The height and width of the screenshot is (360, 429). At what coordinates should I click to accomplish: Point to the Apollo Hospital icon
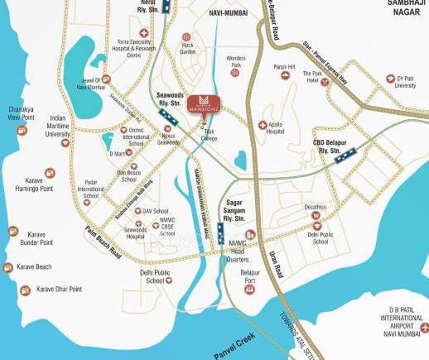[x=263, y=126]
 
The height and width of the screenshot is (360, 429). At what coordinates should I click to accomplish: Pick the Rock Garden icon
[x=187, y=37]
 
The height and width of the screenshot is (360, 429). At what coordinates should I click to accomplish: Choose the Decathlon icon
[x=316, y=216]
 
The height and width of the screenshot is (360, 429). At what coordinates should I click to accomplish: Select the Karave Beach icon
[x=8, y=267]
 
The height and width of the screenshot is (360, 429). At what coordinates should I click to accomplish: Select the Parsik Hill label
[x=284, y=67]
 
